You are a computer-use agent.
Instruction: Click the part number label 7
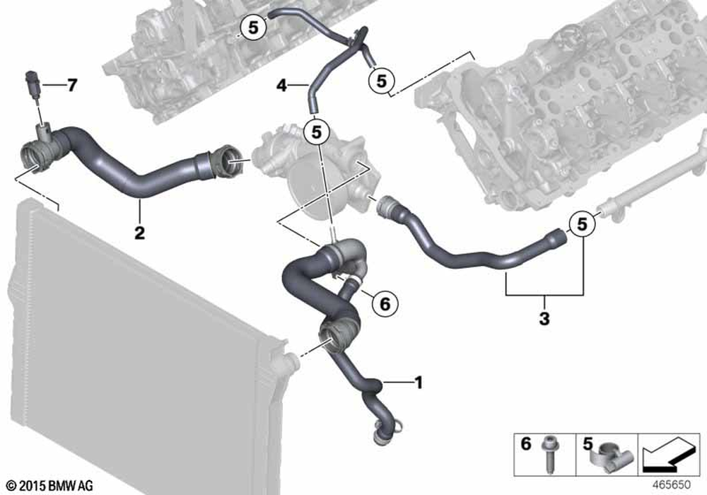point(72,85)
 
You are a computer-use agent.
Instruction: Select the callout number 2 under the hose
point(140,233)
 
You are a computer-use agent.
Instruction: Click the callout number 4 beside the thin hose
point(282,85)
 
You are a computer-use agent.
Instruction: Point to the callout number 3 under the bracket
point(544,319)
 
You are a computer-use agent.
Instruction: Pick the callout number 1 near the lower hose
point(419,383)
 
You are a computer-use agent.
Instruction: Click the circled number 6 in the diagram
point(385,303)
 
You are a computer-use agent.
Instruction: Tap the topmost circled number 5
point(253,28)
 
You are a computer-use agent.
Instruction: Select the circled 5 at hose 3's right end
point(582,223)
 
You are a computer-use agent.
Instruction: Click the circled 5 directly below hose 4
point(317,132)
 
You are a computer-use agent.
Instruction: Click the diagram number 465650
point(672,484)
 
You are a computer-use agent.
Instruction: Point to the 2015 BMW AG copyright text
point(50,486)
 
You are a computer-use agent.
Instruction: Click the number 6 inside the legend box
point(526,443)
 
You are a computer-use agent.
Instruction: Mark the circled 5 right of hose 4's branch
point(382,81)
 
